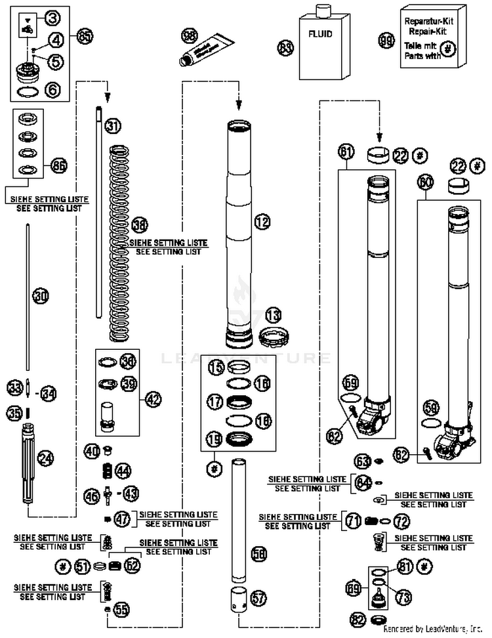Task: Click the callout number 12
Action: pyautogui.click(x=262, y=223)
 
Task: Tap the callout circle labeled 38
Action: pyautogui.click(x=139, y=224)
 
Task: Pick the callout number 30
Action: pyautogui.click(x=41, y=297)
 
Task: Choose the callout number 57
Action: pyautogui.click(x=259, y=597)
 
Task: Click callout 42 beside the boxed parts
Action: pyautogui.click(x=153, y=398)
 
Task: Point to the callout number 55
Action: pyautogui.click(x=121, y=609)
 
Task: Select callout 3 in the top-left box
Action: pyautogui.click(x=52, y=16)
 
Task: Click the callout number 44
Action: pyautogui.click(x=123, y=470)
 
